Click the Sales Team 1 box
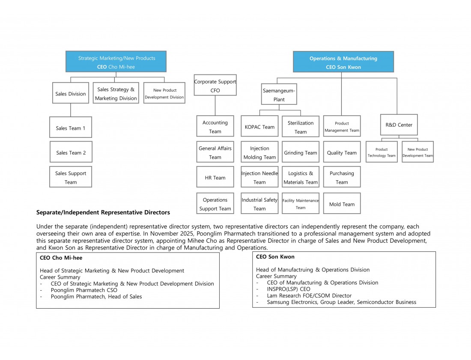click(71, 127)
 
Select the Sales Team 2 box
click(71, 152)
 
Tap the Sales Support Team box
click(71, 177)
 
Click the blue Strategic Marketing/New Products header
click(116, 62)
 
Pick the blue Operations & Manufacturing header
click(343, 62)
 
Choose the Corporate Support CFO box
click(215, 85)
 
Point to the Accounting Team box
click(215, 126)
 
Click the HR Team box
click(215, 177)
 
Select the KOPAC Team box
click(259, 126)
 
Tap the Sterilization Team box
click(301, 126)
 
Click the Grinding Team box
click(301, 152)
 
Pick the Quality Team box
click(342, 152)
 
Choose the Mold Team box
click(342, 204)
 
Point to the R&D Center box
click(399, 125)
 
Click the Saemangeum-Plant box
click(279, 94)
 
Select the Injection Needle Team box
click(259, 177)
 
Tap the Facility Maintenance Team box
click(301, 204)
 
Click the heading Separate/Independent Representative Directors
click(103, 213)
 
